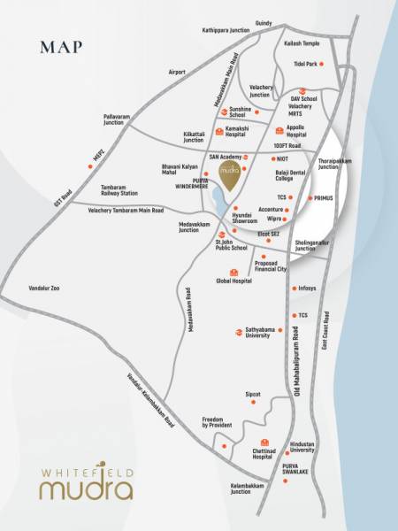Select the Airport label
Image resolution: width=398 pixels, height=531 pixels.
click(178, 72)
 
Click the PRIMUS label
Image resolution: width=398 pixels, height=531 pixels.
click(323, 199)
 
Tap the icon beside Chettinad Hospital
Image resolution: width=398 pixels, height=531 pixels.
click(263, 442)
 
